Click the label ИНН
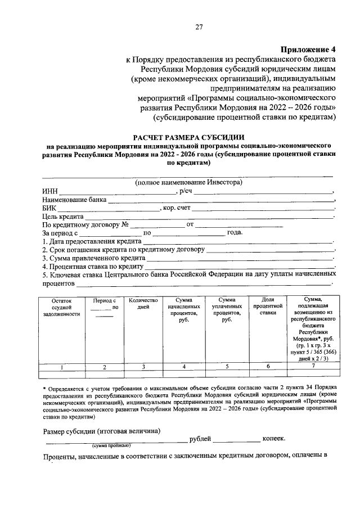[x=50, y=191]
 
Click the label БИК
[x=49, y=208]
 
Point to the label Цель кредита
[x=63, y=217]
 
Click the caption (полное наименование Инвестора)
[x=188, y=183]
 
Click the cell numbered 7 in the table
[x=313, y=367]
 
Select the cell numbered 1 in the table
[x=61, y=367]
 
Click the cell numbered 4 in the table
[x=183, y=367]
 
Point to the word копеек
[x=274, y=438]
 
